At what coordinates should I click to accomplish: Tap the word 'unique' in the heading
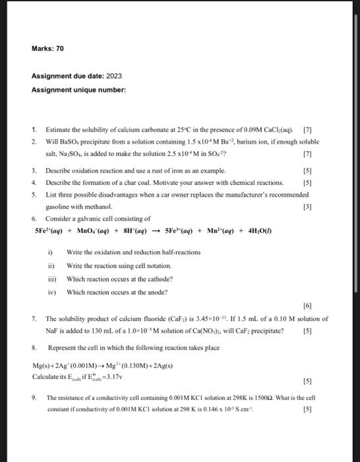click(x=88, y=89)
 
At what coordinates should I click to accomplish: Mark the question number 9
click(x=34, y=398)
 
